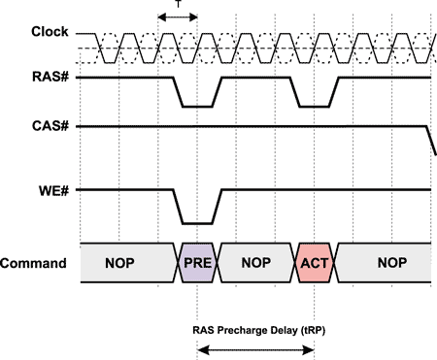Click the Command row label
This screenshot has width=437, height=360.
(x=34, y=262)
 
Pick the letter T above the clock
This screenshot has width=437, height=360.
(x=177, y=7)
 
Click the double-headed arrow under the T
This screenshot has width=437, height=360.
(x=177, y=17)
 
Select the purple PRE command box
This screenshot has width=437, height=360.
(x=196, y=263)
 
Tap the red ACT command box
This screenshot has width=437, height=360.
(x=315, y=263)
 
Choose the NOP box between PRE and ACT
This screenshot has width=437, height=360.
(x=255, y=263)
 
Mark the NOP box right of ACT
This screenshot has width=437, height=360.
(x=384, y=263)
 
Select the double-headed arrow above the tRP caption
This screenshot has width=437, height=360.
(x=255, y=347)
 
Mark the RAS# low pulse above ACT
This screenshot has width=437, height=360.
(x=315, y=106)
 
